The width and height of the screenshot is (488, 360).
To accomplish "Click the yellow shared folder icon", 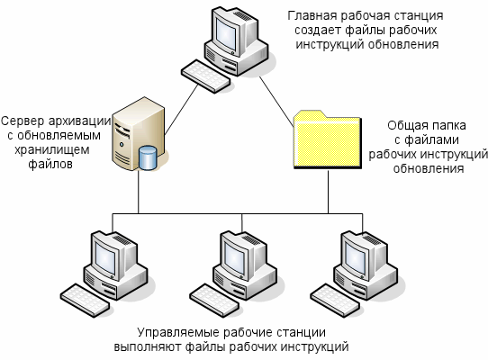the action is click(328, 140).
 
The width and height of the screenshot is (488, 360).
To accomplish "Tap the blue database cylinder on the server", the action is click(148, 157).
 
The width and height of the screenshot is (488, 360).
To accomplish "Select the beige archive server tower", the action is click(137, 134).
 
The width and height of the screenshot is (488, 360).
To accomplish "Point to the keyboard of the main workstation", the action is click(205, 76).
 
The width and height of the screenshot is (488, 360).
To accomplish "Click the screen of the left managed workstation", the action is click(104, 258).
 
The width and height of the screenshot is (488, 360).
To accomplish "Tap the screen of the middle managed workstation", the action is click(234, 258).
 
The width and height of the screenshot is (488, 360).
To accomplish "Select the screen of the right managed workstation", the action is click(355, 258).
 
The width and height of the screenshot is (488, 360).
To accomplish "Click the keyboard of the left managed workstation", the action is click(85, 301).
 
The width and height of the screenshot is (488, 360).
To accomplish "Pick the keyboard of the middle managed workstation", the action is click(214, 301).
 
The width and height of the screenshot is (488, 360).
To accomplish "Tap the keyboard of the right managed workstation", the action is click(335, 301).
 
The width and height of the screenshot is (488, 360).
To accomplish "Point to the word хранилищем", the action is click(52, 149).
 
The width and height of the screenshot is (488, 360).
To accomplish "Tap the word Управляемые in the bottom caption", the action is click(178, 332).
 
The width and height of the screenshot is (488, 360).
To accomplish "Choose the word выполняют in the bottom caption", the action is click(148, 346).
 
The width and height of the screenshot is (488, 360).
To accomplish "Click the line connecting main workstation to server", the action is click(181, 110).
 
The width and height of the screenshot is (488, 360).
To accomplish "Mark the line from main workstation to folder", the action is click(277, 102).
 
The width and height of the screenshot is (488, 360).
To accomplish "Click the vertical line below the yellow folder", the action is click(328, 192).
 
